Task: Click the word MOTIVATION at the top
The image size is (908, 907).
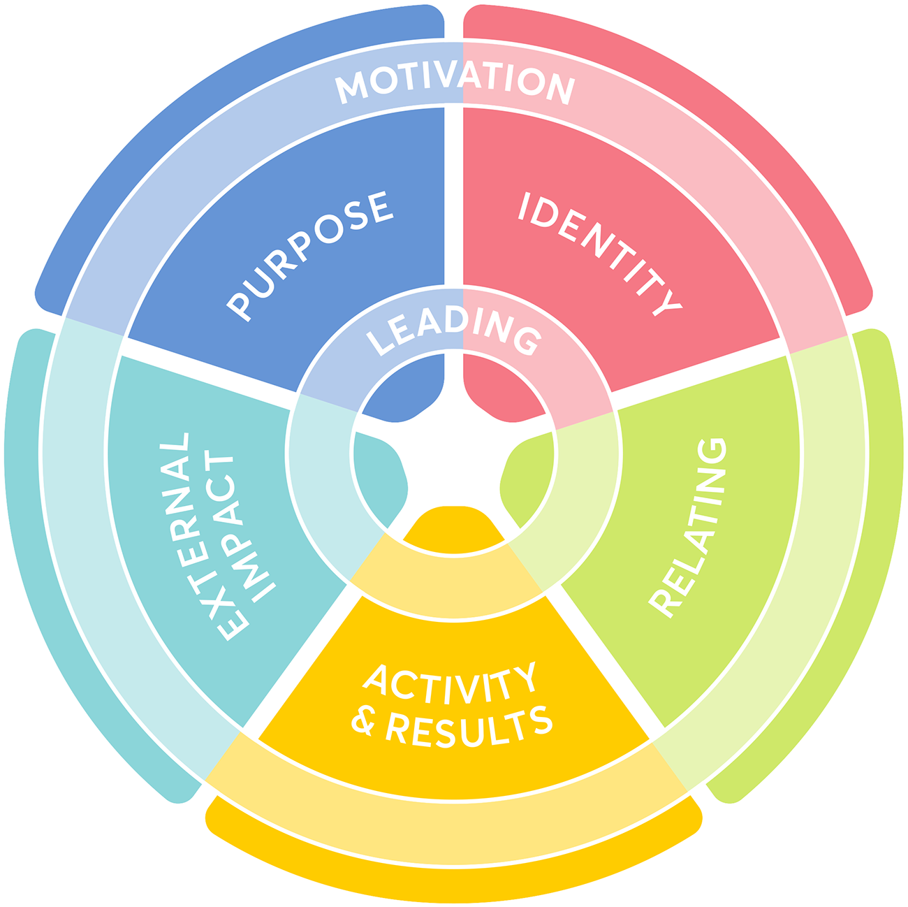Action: click(455, 83)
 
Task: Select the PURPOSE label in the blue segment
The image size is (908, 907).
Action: click(311, 255)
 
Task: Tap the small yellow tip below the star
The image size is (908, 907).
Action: click(454, 521)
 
